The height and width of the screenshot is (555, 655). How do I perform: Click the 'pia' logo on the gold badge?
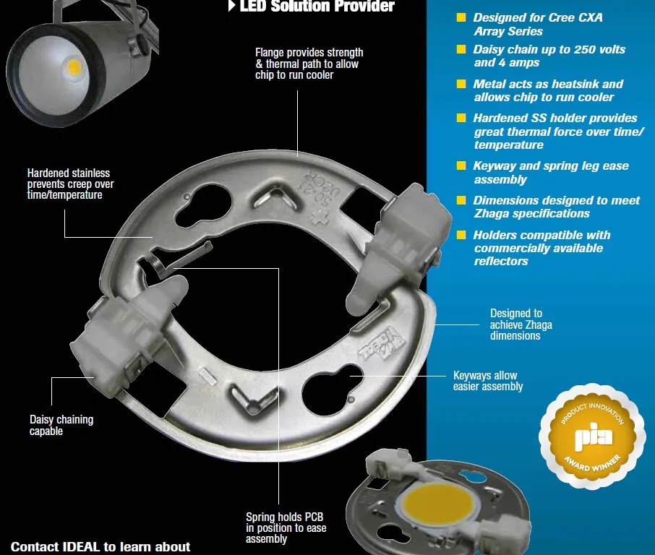click(593, 436)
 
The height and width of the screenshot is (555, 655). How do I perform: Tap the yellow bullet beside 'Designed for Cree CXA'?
click(461, 17)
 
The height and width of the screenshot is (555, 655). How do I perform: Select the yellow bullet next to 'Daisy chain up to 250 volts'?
click(461, 49)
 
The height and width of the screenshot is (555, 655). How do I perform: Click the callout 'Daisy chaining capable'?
click(61, 425)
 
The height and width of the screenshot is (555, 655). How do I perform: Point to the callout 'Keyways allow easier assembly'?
click(488, 381)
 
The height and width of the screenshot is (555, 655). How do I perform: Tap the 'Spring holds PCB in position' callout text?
click(286, 528)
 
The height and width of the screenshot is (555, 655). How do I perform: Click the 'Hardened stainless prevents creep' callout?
click(70, 184)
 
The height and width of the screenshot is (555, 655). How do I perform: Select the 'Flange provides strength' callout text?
click(309, 64)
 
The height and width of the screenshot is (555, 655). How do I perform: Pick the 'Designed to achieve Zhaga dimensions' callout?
click(521, 324)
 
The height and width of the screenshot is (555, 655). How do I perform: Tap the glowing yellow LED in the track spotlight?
click(74, 66)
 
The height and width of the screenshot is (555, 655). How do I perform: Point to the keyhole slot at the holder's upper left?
click(203, 205)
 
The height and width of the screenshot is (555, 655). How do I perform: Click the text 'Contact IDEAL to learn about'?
click(100, 546)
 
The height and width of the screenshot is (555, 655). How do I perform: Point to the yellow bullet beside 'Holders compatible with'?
click(461, 235)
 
